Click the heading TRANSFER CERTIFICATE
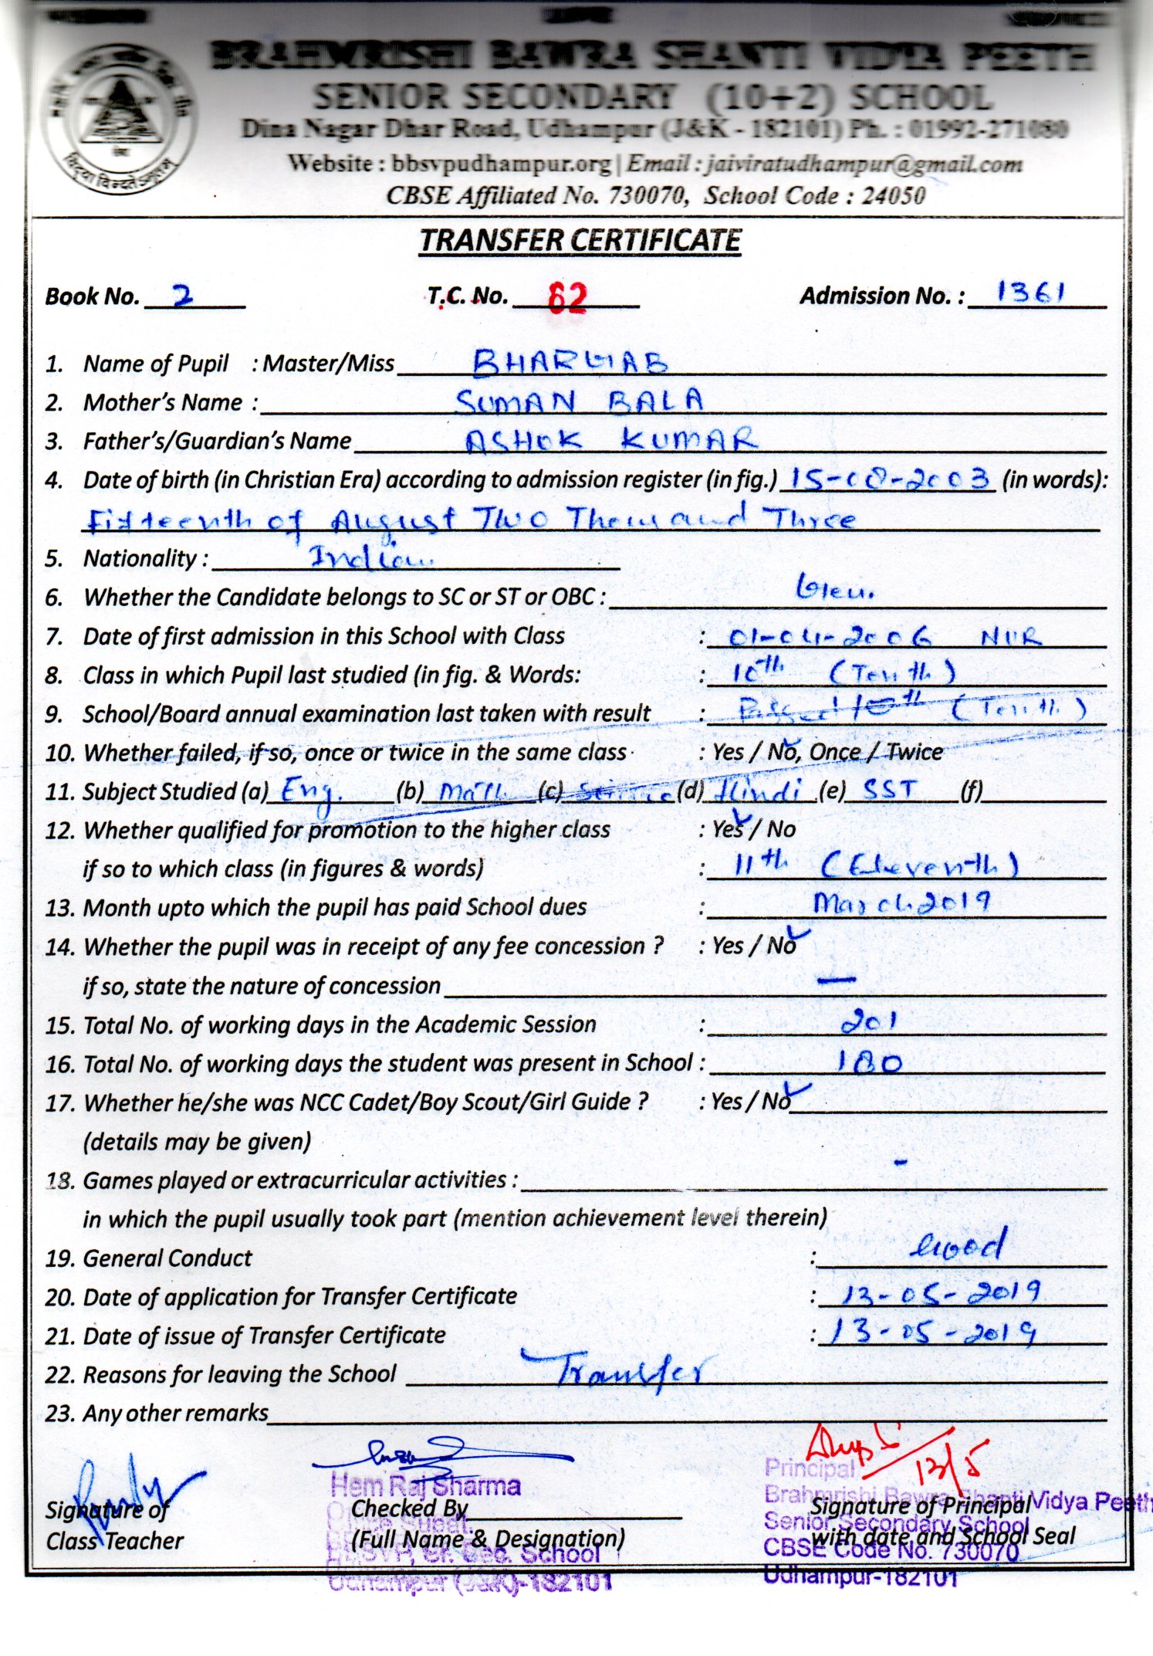(580, 241)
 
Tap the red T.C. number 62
(567, 297)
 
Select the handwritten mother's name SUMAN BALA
(579, 401)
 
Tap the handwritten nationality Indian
(370, 557)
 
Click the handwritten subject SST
(891, 789)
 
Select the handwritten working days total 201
(868, 1023)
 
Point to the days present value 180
(869, 1063)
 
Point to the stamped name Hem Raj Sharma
(425, 1485)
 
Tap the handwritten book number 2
(183, 296)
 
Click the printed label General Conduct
(167, 1258)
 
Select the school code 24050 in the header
(893, 195)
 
